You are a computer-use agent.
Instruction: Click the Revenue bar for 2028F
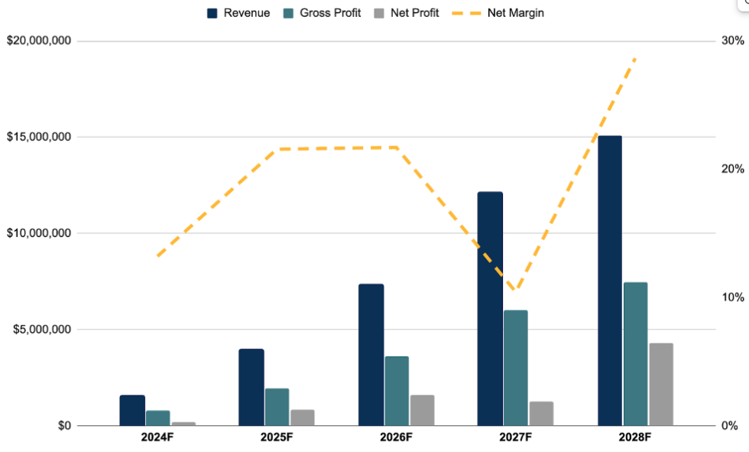(x=609, y=280)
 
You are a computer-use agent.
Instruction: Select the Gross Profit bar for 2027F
(x=515, y=367)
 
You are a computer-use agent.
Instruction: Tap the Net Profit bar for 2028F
(x=660, y=384)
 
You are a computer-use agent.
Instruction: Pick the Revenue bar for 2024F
(x=132, y=410)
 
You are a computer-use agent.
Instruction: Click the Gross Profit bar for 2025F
(x=277, y=406)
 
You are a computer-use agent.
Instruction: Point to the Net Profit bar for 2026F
(x=422, y=410)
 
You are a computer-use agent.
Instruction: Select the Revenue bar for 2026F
(x=371, y=354)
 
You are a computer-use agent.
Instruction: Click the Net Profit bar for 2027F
(x=541, y=413)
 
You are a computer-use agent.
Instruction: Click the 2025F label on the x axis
(x=277, y=437)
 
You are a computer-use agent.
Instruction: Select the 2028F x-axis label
(x=635, y=437)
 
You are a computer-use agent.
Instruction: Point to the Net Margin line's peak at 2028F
(x=634, y=58)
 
